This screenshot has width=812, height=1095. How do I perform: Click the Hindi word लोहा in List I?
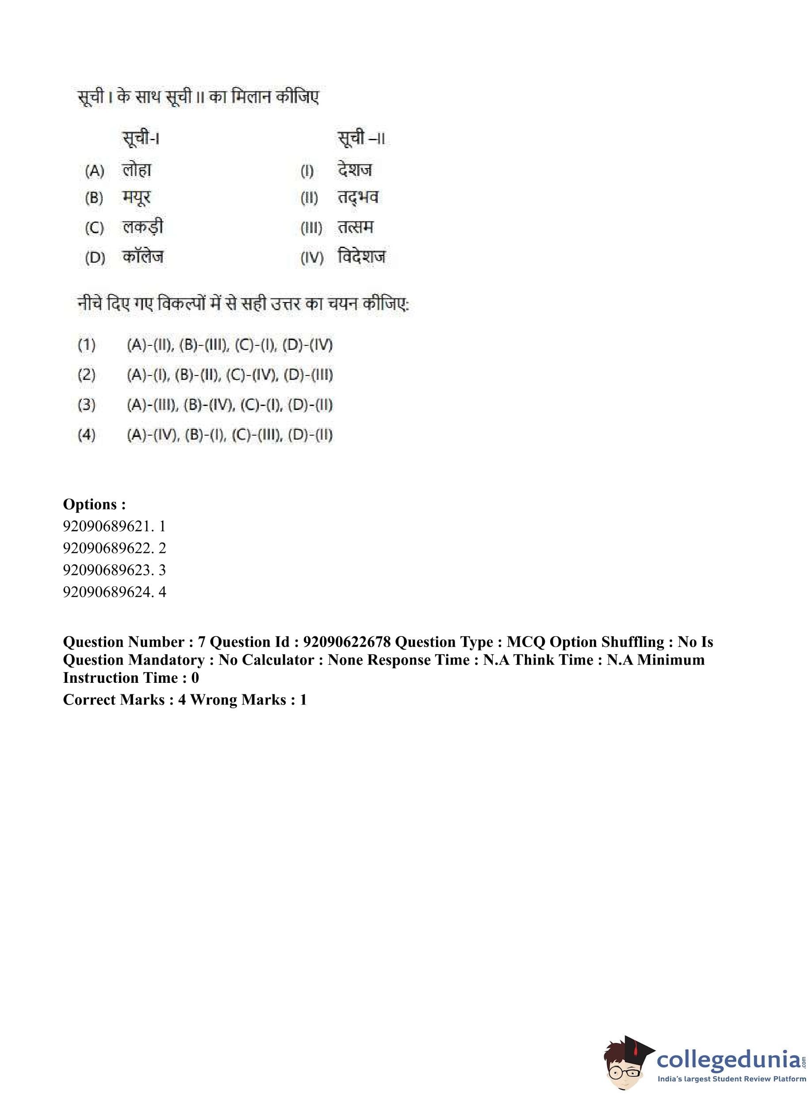[137, 170]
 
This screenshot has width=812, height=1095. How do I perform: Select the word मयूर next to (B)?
[136, 198]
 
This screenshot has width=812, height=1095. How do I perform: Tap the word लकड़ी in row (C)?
[142, 227]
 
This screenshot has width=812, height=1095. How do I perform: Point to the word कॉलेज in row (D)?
[143, 257]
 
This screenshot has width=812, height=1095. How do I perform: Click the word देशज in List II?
[355, 170]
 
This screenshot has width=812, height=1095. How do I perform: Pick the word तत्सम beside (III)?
[356, 227]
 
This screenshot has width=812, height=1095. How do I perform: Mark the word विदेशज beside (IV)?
[362, 257]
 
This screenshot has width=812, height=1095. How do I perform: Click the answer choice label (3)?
[87, 405]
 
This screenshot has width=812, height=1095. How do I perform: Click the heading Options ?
[94, 504]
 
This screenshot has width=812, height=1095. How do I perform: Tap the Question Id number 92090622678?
[347, 642]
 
